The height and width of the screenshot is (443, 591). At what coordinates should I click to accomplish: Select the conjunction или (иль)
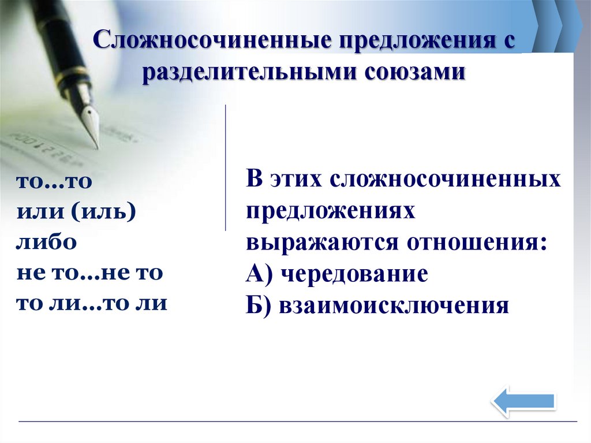76,211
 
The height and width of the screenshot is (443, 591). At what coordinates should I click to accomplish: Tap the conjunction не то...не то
89,272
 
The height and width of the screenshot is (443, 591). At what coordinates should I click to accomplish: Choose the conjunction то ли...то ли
92,303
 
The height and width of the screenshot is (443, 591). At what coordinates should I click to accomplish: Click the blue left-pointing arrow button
523,400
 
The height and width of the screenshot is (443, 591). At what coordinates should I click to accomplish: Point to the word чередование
354,274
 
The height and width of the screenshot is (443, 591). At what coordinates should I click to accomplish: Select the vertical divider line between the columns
225,167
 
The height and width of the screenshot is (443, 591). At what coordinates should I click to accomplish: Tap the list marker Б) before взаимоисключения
259,306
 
